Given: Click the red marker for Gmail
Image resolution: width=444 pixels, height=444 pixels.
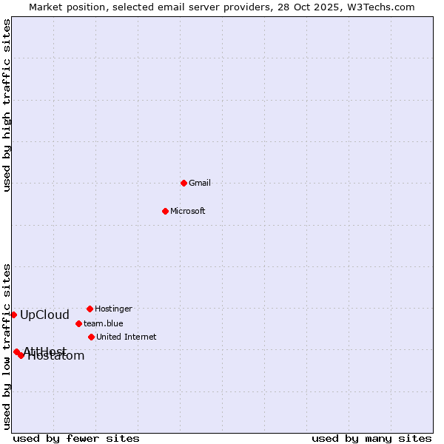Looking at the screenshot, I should (184, 183).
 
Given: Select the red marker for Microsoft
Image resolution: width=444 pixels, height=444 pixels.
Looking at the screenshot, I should (166, 211).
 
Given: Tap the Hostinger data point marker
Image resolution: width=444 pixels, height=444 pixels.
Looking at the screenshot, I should (90, 309).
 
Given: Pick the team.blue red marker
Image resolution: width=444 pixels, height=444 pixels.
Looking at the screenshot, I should (78, 323).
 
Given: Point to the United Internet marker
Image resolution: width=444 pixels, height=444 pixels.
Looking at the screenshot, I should (91, 337).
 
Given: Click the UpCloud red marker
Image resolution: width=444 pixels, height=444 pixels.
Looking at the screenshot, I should (13, 314).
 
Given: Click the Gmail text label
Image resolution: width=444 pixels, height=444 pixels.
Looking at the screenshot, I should (200, 183).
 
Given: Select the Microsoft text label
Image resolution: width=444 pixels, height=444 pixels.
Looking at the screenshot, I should (188, 211).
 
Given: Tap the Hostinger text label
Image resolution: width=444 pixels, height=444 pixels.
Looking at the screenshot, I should (114, 309).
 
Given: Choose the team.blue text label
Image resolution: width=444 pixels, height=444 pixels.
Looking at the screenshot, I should (104, 323).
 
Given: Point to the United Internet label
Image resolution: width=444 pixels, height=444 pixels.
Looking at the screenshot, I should (127, 337).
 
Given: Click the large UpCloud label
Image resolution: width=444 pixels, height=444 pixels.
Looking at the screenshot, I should (44, 314).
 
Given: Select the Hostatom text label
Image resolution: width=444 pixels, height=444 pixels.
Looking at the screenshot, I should (56, 356).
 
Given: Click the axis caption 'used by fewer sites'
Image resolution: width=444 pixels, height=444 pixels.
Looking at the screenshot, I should (76, 439).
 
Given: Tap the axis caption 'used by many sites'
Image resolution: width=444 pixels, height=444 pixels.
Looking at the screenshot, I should (371, 439).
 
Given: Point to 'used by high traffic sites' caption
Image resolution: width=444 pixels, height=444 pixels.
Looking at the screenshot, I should (7, 106).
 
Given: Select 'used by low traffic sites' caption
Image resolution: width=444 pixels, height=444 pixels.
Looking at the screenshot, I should (7, 346).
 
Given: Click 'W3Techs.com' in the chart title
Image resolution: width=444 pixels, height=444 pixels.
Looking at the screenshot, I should (383, 7).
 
